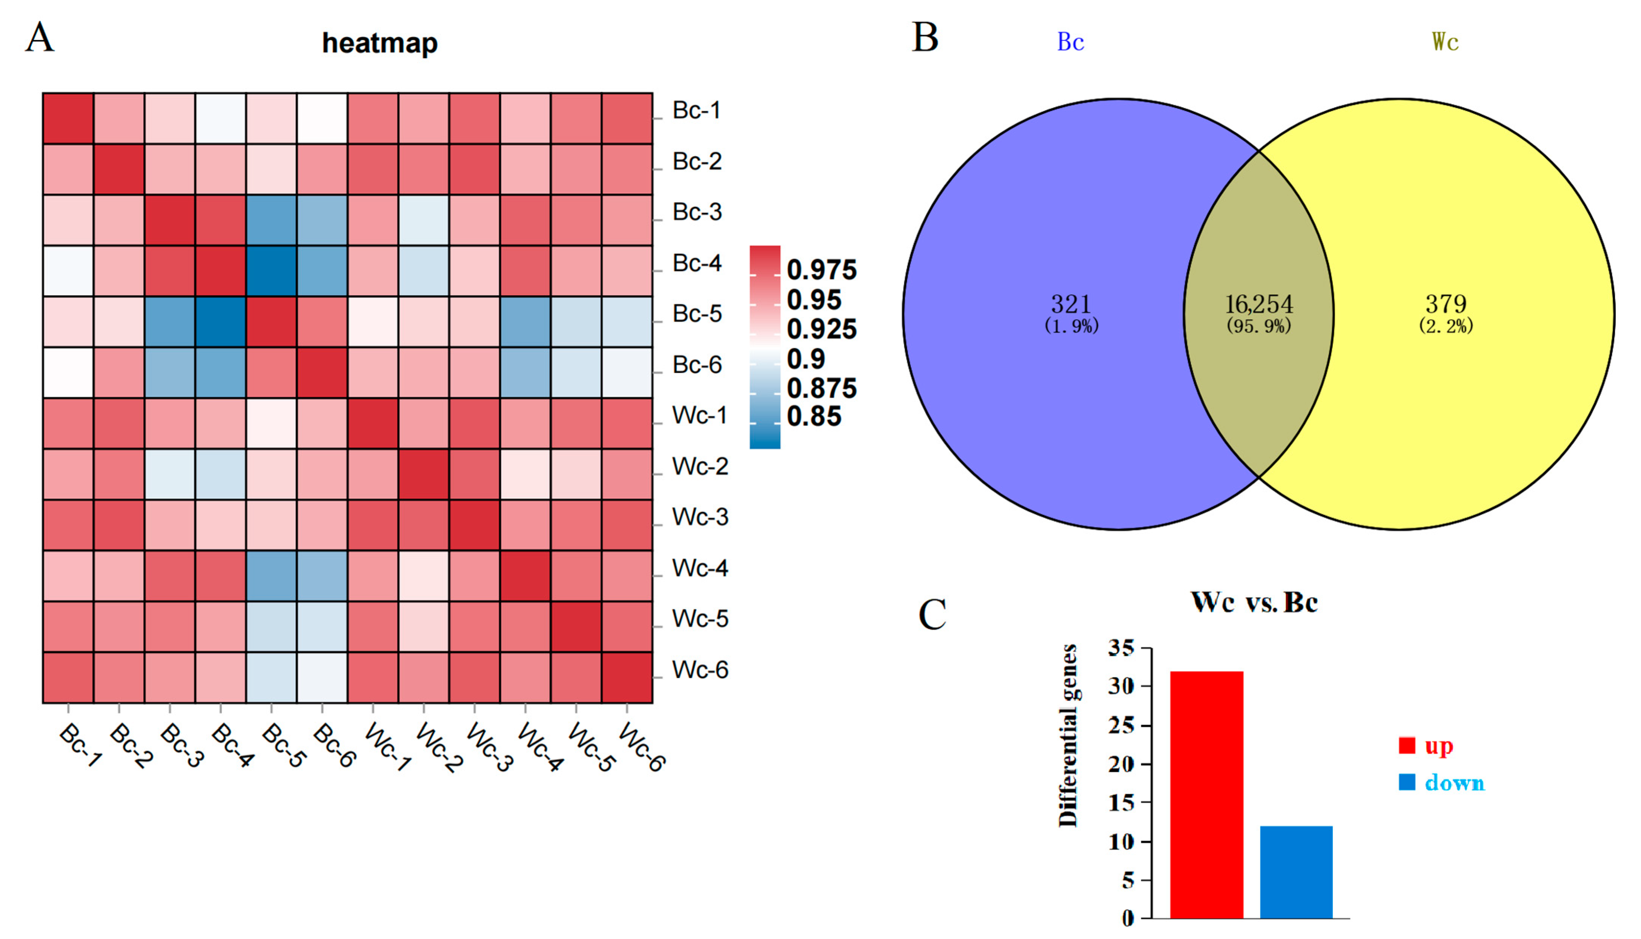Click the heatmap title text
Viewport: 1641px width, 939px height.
(x=380, y=43)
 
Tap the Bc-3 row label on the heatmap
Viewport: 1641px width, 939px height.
(x=697, y=212)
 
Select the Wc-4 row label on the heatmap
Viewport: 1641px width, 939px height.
(x=700, y=568)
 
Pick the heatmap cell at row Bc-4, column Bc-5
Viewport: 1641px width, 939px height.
(x=271, y=271)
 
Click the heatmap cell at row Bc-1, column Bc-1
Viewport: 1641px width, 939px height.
(x=68, y=119)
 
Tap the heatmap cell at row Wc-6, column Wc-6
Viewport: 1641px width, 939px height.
(x=627, y=677)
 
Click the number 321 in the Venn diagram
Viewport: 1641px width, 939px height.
(x=1071, y=304)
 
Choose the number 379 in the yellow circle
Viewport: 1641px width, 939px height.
(x=1446, y=304)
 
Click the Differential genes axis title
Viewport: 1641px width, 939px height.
(x=1068, y=735)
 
